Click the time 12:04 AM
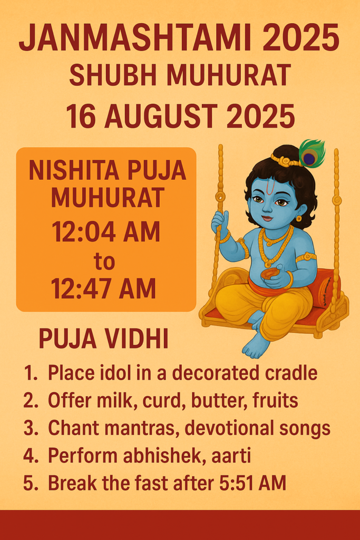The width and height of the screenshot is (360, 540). [106, 232]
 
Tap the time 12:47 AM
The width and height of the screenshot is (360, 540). [104, 288]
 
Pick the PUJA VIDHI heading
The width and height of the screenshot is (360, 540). [104, 339]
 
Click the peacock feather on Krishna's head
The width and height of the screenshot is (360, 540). [312, 153]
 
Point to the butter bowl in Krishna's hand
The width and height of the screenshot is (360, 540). [268, 274]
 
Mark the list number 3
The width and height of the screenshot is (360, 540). [30, 428]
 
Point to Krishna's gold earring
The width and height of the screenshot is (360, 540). [298, 218]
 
